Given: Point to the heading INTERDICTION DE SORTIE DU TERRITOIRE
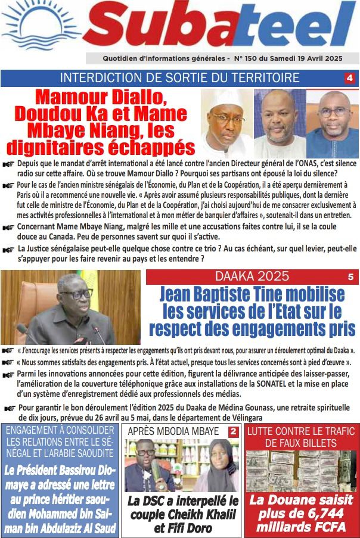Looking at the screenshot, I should pyautogui.click(x=180, y=78).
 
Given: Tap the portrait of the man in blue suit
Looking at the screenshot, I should pyautogui.click(x=333, y=123).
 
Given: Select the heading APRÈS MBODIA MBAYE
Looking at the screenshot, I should pyautogui.click(x=173, y=431).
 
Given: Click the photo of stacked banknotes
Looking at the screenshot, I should pyautogui.click(x=302, y=471).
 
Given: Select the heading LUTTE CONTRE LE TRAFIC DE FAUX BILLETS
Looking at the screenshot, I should pyautogui.click(x=302, y=436).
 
